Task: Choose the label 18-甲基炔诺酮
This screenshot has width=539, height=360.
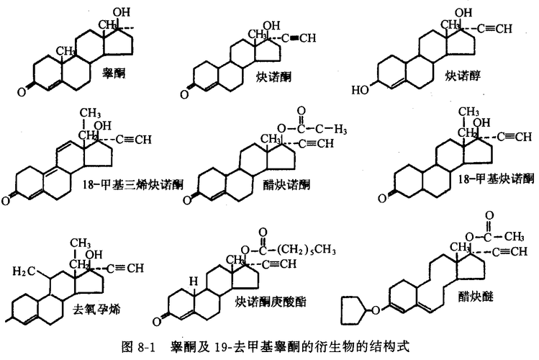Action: coord(497,177)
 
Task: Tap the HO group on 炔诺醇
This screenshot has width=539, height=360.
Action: coord(360,90)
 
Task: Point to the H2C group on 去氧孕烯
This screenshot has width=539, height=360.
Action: coord(21,271)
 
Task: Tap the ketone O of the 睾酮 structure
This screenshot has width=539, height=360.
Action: coord(24,91)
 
